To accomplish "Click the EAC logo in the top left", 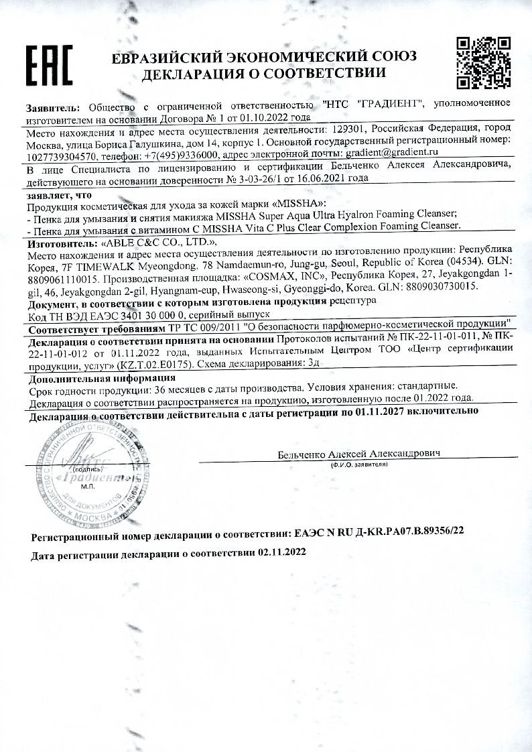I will coord(48,64).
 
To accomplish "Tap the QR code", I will coord(484,64).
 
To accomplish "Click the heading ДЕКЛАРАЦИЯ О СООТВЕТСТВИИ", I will coord(265,73).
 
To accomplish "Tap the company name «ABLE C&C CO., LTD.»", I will coord(157,242).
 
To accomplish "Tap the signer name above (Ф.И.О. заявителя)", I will coord(358,454).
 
